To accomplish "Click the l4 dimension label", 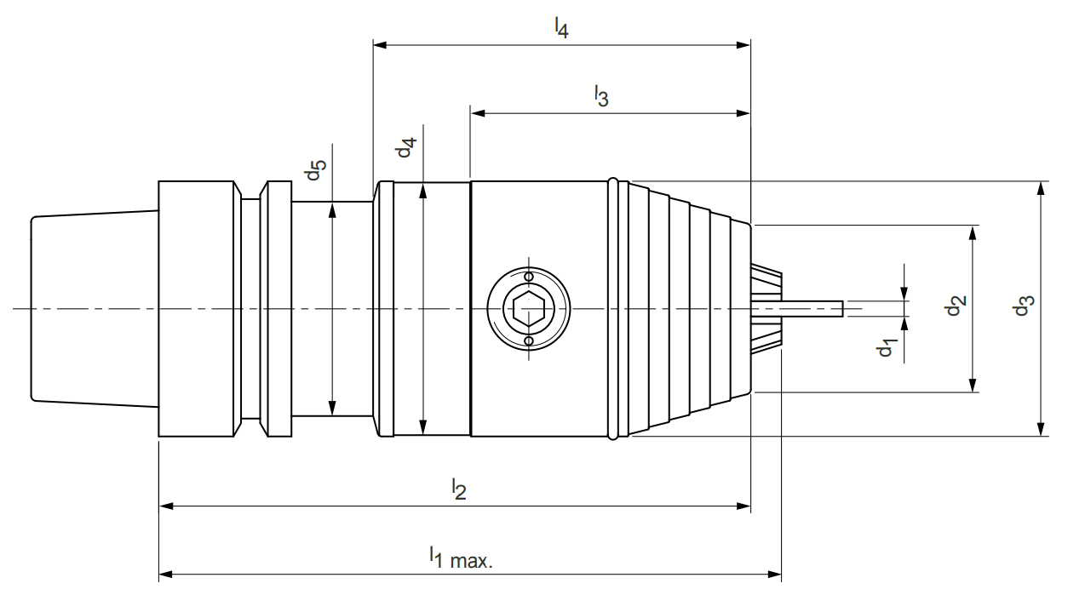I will pyautogui.click(x=560, y=28).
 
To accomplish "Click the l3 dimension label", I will pyautogui.click(x=601, y=96).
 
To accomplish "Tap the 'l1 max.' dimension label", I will pyautogui.click(x=461, y=558).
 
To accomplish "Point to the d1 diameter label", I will pyautogui.click(x=887, y=346).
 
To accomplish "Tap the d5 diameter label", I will pyautogui.click(x=315, y=169).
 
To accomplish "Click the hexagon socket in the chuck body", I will pyautogui.click(x=529, y=309).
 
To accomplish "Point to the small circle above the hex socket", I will pyautogui.click(x=529, y=277).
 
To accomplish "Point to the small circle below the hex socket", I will pyautogui.click(x=529, y=341).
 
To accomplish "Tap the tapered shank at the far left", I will pyautogui.click(x=94, y=308).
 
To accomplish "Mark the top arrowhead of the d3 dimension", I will pyautogui.click(x=1040, y=188).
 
